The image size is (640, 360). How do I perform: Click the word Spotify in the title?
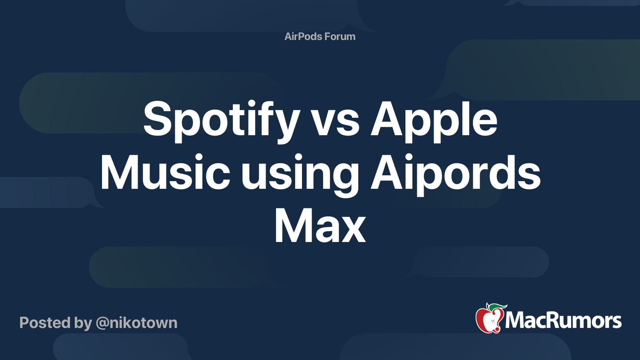coord(221,120)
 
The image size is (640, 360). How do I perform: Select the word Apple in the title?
coord(434,120)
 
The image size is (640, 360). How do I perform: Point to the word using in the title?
coord(300,174)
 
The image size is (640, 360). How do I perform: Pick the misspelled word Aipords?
coord(456,173)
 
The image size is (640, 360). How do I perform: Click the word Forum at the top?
coord(340,36)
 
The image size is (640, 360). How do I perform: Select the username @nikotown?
coord(136,323)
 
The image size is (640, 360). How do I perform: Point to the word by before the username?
coord(83,323)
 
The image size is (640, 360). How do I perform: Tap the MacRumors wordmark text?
coord(563,320)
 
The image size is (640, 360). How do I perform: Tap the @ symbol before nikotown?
coord(102,323)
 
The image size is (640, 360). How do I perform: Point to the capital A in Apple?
coord(386,119)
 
